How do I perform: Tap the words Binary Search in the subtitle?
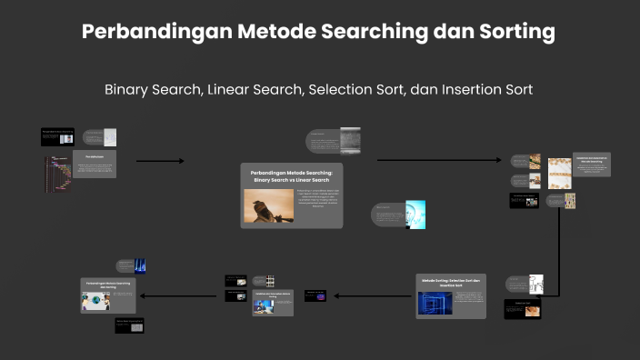coord(152,90)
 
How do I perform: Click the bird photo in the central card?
coord(268,206)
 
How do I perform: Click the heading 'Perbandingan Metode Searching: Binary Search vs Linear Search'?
coord(292,175)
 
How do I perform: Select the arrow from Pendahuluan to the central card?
coord(160,162)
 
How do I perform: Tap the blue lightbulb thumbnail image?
coord(415,215)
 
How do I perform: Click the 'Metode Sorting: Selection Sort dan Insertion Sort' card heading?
coord(451,283)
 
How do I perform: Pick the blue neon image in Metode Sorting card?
coord(435,302)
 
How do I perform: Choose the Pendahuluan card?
coord(95,165)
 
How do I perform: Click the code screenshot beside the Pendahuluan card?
coord(57,173)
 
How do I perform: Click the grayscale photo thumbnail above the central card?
coord(350,141)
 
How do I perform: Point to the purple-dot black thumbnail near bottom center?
coord(315,295)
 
